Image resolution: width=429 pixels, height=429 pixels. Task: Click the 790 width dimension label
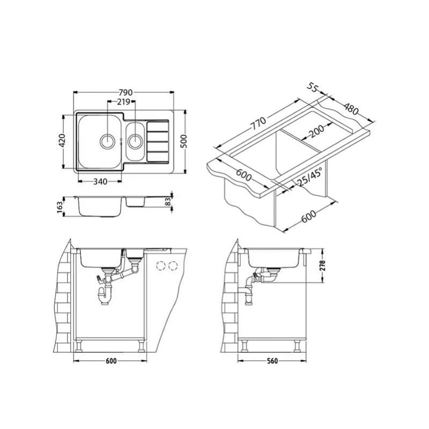click(x=125, y=92)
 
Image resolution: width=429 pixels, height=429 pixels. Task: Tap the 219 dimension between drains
click(x=123, y=102)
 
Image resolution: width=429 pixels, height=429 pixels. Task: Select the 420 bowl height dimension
click(x=62, y=140)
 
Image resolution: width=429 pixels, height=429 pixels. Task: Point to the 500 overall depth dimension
click(x=184, y=141)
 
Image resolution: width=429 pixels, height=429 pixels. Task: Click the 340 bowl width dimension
click(x=100, y=181)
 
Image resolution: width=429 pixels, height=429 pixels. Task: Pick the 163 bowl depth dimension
click(x=60, y=207)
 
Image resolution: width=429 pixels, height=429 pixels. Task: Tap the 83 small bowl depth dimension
click(x=168, y=202)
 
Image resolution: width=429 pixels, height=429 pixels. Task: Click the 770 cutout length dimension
click(x=258, y=123)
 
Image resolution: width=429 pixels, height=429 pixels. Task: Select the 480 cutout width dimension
click(x=351, y=109)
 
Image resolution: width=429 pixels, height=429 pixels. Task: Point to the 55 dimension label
click(x=313, y=87)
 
